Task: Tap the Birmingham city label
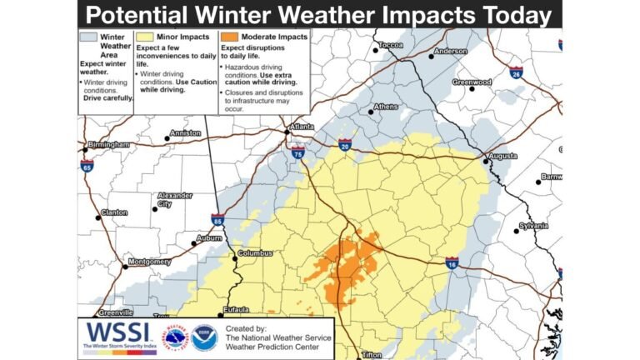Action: click(x=109, y=144)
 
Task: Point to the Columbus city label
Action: click(x=255, y=253)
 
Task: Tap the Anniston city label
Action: click(x=184, y=133)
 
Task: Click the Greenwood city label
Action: click(x=472, y=82)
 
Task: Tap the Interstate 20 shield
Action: click(x=345, y=145)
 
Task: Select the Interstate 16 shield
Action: click(x=452, y=262)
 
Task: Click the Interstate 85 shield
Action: click(x=217, y=221)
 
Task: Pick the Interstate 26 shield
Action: click(x=517, y=72)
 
